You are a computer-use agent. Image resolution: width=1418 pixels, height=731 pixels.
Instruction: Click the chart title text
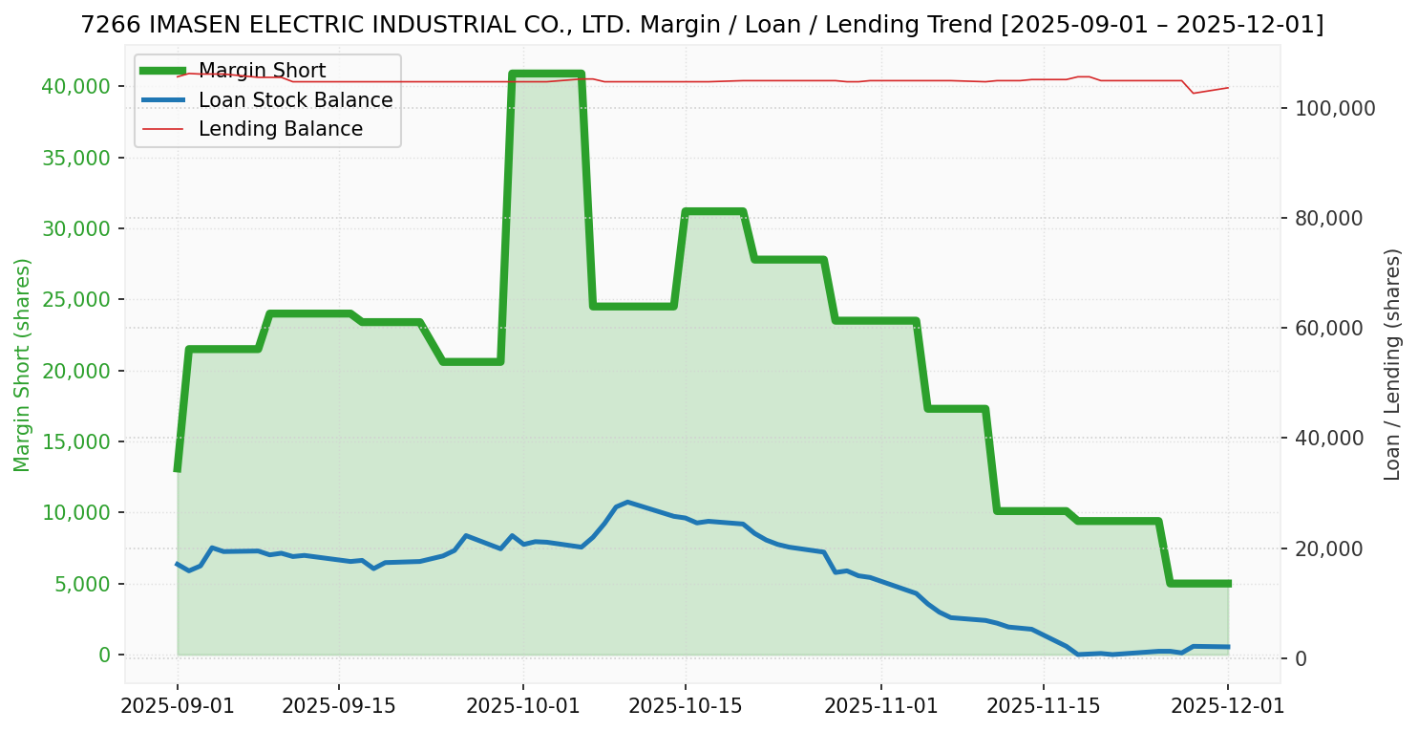click(702, 25)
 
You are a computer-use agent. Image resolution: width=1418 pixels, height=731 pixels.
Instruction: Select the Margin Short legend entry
click(263, 71)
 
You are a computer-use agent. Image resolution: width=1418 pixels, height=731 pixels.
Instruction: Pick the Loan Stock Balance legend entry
click(295, 100)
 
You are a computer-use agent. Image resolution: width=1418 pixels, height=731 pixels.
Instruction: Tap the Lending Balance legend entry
click(280, 129)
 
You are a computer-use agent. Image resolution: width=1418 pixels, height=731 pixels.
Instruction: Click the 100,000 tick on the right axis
click(1335, 108)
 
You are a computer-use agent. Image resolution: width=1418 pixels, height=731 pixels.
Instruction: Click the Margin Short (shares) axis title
click(22, 365)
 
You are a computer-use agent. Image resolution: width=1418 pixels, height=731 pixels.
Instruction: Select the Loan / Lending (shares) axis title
click(1393, 364)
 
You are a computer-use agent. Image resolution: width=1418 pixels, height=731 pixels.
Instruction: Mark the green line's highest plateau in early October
click(546, 74)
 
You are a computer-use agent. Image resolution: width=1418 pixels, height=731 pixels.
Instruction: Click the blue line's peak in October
click(626, 502)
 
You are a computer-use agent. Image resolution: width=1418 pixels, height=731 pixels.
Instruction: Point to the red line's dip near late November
click(1194, 93)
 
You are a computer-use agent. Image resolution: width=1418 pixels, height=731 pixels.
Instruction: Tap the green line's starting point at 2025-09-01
click(178, 469)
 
